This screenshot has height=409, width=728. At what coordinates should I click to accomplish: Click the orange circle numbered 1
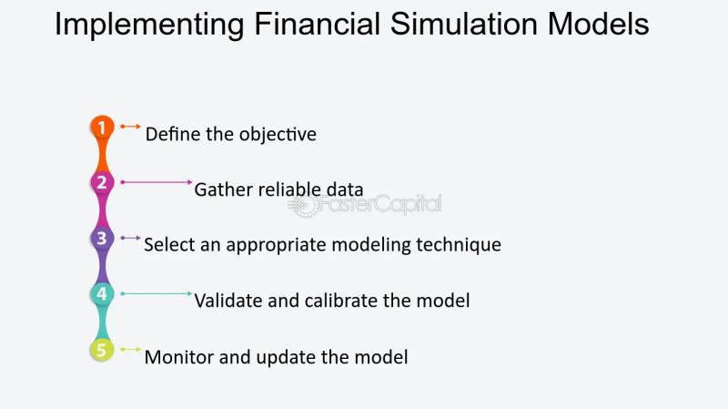(102, 128)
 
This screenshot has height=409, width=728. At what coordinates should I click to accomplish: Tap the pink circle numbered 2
(102, 183)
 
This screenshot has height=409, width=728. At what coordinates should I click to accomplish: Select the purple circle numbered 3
(102, 239)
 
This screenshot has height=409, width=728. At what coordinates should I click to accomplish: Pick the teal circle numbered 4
(102, 294)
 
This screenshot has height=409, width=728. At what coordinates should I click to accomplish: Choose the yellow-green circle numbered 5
(102, 350)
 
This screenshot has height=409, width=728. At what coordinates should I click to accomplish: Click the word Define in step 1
(170, 134)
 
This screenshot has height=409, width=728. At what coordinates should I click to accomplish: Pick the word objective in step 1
(278, 135)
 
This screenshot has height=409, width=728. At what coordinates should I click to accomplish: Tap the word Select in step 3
(167, 245)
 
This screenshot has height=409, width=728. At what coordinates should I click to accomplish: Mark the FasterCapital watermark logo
(364, 205)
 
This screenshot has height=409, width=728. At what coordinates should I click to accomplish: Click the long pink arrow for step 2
(156, 182)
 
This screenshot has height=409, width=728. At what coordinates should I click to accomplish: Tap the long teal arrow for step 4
(156, 293)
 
